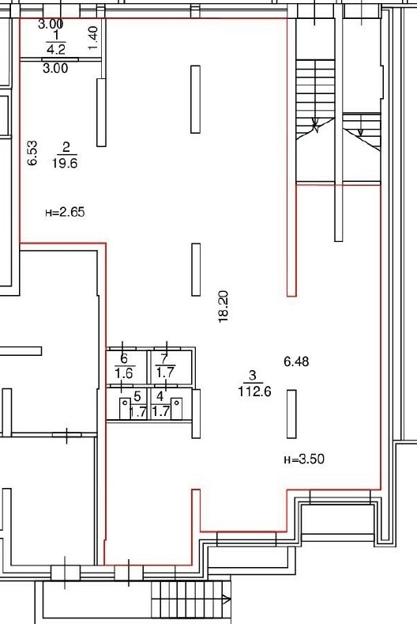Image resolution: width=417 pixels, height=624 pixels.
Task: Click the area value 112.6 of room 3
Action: pyautogui.click(x=255, y=391)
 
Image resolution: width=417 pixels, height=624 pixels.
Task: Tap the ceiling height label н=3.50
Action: pyautogui.click(x=304, y=459)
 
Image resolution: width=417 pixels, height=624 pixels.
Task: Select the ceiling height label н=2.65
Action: pyautogui.click(x=65, y=212)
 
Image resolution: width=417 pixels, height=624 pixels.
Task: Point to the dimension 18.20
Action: pyautogui.click(x=223, y=306)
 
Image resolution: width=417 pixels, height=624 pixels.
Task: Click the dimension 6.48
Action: pyautogui.click(x=296, y=361)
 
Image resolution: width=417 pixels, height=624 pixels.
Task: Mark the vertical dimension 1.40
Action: pyautogui.click(x=92, y=38)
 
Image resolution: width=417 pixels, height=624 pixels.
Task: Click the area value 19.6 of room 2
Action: pyautogui.click(x=65, y=163)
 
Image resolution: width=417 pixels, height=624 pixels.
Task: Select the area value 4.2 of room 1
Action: pyautogui.click(x=56, y=49)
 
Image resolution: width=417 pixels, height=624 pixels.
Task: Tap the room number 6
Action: pyautogui.click(x=124, y=359)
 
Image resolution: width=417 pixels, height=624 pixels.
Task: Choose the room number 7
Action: pyautogui.click(x=165, y=358)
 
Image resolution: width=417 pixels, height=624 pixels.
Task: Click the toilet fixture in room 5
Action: pyautogui.click(x=125, y=408)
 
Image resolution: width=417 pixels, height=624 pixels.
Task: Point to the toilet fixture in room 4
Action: pyautogui.click(x=176, y=408)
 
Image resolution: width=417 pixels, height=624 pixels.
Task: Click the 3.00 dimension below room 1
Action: pyautogui.click(x=55, y=69)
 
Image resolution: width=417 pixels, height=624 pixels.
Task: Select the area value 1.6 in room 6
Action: pyautogui.click(x=124, y=373)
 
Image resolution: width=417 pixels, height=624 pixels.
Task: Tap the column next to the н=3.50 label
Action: pyautogui.click(x=291, y=414)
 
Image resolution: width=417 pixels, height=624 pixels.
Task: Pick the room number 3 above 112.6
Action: pyautogui.click(x=253, y=376)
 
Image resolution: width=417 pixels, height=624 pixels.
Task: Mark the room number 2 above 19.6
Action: pyautogui.click(x=66, y=148)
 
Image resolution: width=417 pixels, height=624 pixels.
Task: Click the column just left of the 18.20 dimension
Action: pyautogui.click(x=196, y=270)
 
